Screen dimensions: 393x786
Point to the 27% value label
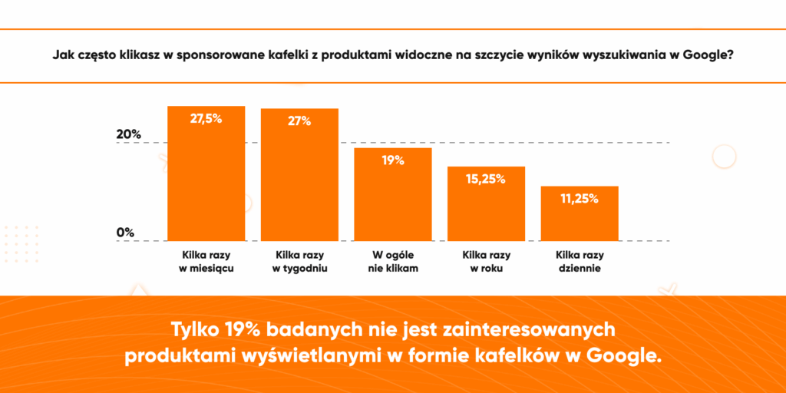pyautogui.click(x=299, y=121)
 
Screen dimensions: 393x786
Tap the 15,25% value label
pyautogui.click(x=486, y=179)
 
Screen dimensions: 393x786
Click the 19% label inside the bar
pyautogui.click(x=393, y=160)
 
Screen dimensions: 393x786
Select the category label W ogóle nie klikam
pyautogui.click(x=393, y=261)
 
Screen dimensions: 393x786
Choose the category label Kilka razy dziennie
pyautogui.click(x=579, y=261)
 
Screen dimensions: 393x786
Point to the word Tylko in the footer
pyautogui.click(x=195, y=329)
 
